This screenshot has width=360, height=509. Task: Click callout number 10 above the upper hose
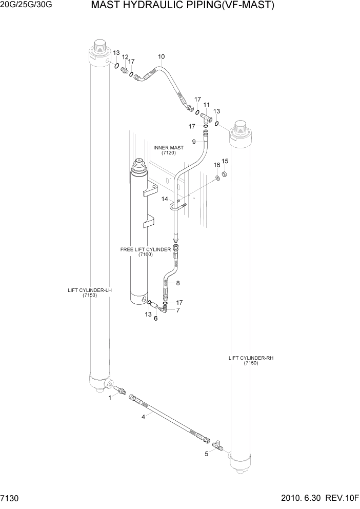click(x=161, y=56)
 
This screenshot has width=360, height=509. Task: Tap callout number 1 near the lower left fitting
click(x=109, y=398)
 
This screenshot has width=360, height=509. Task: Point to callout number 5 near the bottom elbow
click(x=207, y=454)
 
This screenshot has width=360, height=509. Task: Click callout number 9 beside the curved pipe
click(x=194, y=142)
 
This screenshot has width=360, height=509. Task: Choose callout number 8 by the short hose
click(x=178, y=283)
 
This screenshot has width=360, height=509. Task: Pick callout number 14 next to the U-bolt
click(x=165, y=199)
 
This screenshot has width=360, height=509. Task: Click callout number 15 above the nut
click(x=224, y=161)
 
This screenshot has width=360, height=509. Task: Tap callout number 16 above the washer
click(x=216, y=165)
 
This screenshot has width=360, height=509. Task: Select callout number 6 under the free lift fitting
click(x=155, y=319)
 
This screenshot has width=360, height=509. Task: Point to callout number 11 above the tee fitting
click(x=207, y=105)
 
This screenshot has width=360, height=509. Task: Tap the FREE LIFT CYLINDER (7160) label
click(x=145, y=251)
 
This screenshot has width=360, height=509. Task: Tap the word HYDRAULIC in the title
click(x=149, y=6)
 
